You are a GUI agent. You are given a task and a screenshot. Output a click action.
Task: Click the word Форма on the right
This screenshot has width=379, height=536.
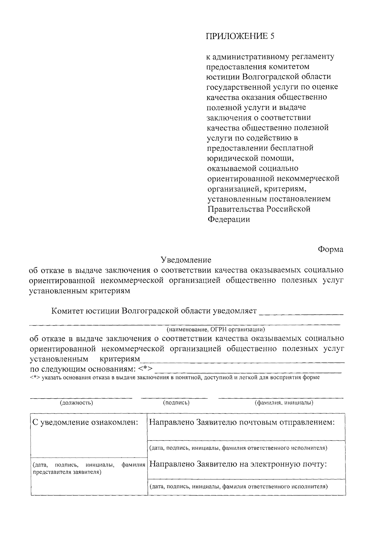point(330,250)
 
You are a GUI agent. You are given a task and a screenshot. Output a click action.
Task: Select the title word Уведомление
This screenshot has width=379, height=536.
point(186,260)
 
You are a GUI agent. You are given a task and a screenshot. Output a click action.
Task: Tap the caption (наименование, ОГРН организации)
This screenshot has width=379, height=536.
point(216,330)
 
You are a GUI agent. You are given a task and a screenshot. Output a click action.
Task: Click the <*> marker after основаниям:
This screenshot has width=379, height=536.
point(146,369)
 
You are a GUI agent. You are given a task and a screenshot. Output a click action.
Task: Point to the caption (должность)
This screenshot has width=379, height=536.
point(76,403)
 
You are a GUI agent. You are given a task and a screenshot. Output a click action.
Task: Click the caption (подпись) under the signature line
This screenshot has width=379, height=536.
point(176,403)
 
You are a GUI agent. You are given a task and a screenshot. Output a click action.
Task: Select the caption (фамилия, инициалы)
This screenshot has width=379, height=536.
point(284,403)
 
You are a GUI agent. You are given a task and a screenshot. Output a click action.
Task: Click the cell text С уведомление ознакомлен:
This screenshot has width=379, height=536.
point(86,423)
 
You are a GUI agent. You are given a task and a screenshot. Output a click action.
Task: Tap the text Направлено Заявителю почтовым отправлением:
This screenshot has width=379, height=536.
point(241,423)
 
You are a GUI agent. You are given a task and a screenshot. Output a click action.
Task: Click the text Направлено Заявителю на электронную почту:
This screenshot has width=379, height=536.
point(237,464)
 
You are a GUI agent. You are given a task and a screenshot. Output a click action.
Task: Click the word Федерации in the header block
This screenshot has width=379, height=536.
point(229,219)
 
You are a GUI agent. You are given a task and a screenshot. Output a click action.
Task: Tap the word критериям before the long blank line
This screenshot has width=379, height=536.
point(120,359)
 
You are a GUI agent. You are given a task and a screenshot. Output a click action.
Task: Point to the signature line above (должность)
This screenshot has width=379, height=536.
point(81,397)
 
